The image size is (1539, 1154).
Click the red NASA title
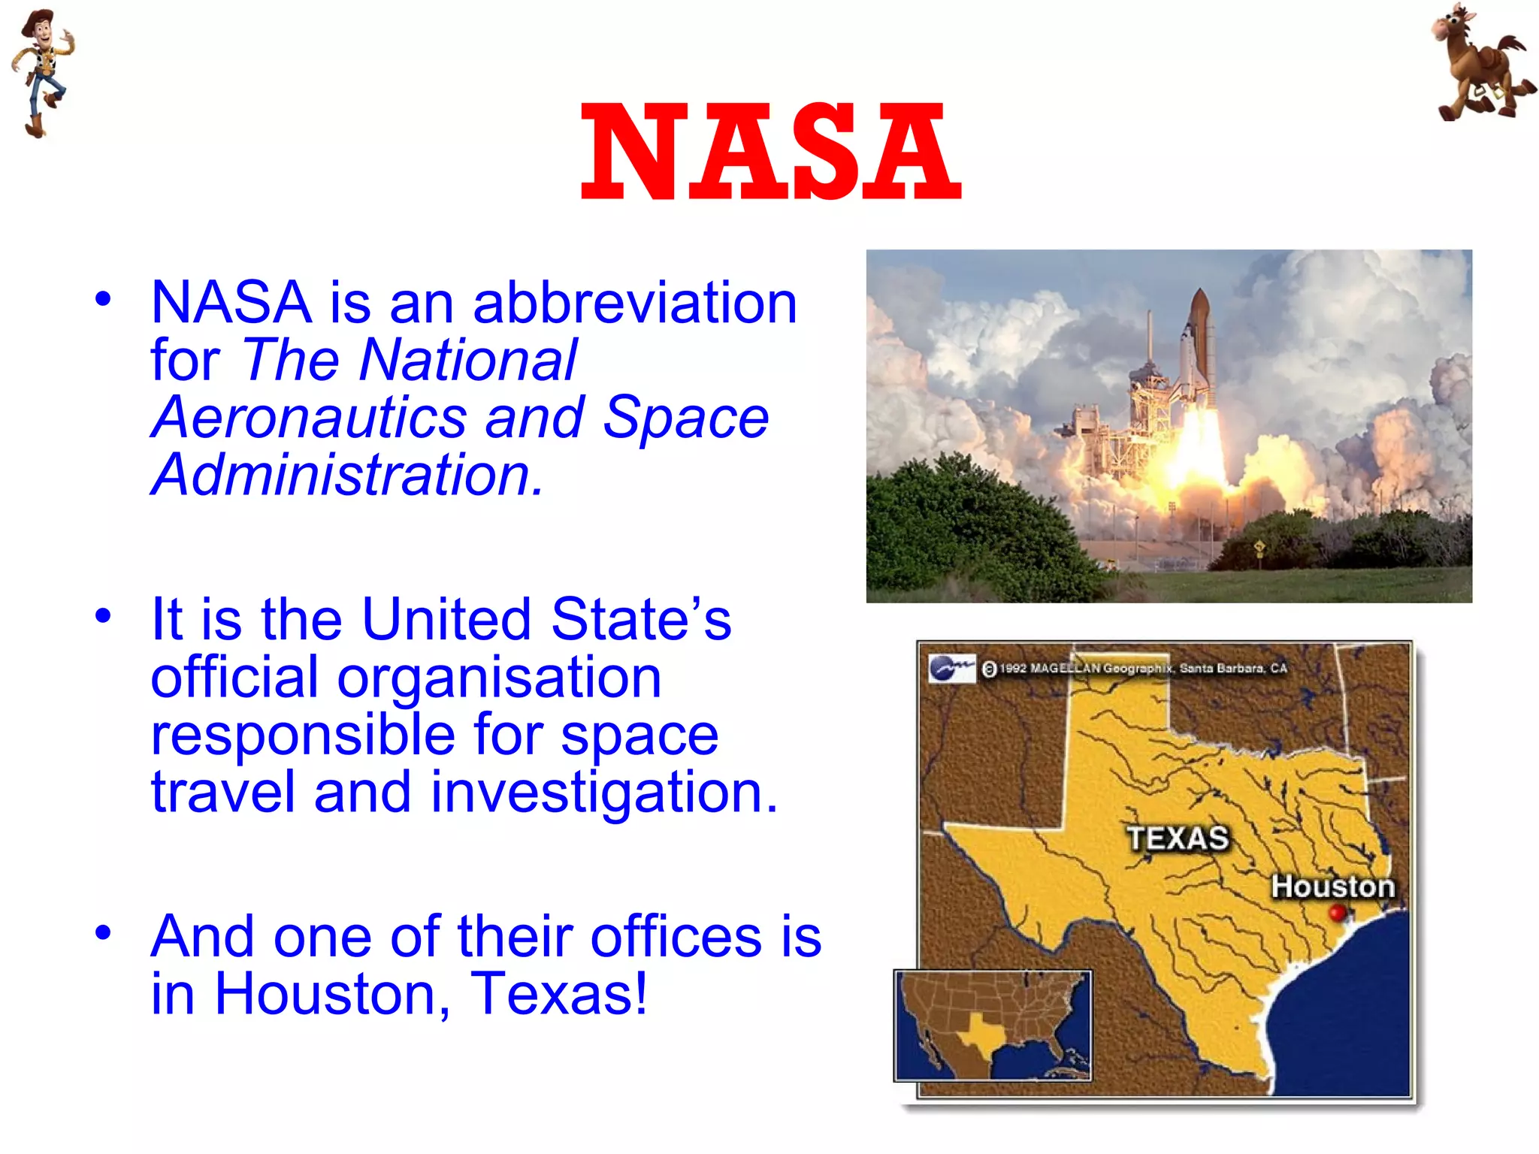[x=771, y=152]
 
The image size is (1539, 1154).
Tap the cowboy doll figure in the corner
[x=41, y=71]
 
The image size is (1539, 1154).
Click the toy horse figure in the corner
[x=1480, y=64]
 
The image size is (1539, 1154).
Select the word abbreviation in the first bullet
[x=635, y=302]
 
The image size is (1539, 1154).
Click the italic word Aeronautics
[x=308, y=418]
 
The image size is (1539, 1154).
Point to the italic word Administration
[x=346, y=476]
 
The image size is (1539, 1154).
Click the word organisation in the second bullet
[x=499, y=678]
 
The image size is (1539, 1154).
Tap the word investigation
[x=604, y=793]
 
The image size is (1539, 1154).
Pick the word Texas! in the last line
[x=558, y=994]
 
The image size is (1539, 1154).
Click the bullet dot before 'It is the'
[x=103, y=616]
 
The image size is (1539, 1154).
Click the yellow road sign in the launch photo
[x=1259, y=546]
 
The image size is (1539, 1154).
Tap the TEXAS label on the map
[x=1178, y=838]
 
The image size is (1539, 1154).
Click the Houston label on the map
[x=1332, y=887]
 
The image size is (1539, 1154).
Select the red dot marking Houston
[x=1337, y=913]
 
